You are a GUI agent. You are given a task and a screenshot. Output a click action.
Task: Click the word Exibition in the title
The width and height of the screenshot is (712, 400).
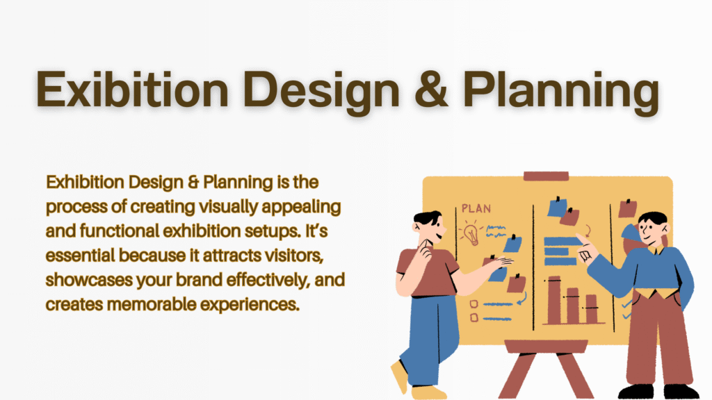[x=132, y=89]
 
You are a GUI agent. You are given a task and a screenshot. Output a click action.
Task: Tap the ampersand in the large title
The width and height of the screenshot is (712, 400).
[x=430, y=89]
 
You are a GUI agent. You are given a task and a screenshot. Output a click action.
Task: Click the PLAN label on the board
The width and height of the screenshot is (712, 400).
[x=476, y=208]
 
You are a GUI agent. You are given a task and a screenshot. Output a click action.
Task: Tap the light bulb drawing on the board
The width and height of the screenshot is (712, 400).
[x=471, y=233]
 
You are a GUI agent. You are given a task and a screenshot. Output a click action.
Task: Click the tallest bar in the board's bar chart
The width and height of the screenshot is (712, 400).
[x=554, y=300]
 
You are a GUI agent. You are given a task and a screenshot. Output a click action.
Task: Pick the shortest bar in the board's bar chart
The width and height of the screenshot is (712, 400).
[x=591, y=309]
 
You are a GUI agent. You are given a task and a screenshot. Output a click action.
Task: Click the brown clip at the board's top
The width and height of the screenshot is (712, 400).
[x=546, y=176]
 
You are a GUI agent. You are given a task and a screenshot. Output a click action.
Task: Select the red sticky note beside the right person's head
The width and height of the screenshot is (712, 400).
[x=628, y=208]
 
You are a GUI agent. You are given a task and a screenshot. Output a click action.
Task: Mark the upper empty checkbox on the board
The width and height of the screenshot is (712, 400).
[x=474, y=304]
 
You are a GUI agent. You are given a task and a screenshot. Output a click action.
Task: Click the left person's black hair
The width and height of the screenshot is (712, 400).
[x=428, y=217]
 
